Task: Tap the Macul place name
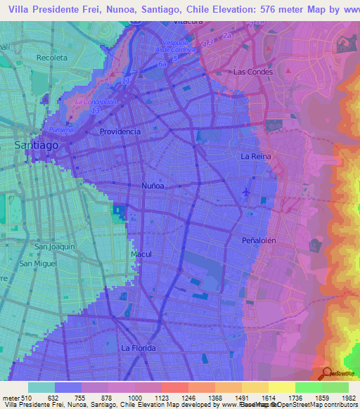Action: [x=141, y=254]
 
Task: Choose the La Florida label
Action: [x=138, y=348]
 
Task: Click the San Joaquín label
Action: [x=55, y=247]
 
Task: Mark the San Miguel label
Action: [x=38, y=264]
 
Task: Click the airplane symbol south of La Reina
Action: [x=245, y=192]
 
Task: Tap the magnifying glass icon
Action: [x=326, y=372]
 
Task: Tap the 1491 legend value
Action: [x=255, y=398]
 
